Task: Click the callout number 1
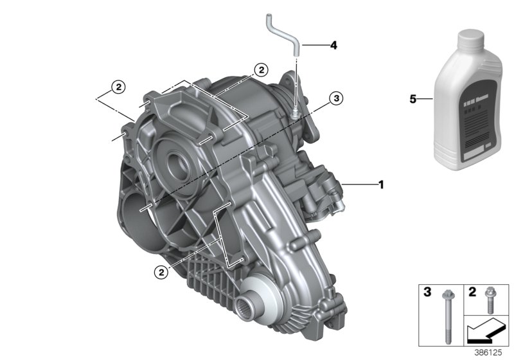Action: click(x=381, y=185)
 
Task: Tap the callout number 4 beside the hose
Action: click(x=333, y=46)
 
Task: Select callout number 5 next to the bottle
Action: click(x=413, y=99)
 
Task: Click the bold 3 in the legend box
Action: click(x=427, y=293)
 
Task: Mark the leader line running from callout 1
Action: click(x=360, y=185)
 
